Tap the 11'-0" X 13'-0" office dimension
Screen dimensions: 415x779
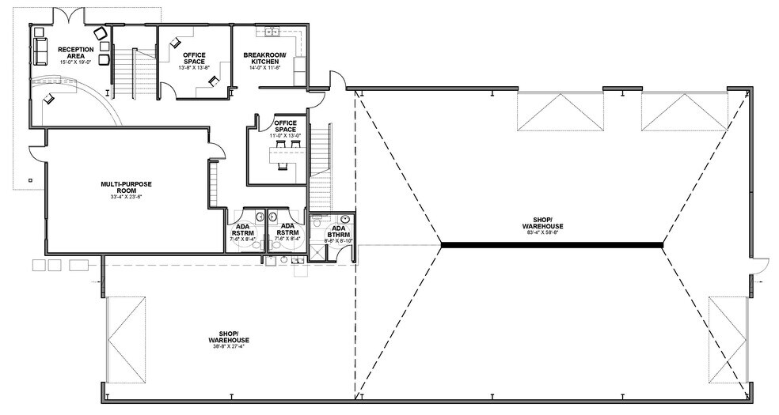coord(286,136)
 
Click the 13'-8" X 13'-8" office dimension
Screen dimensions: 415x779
coord(194,68)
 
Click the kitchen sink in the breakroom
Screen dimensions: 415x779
coord(272,32)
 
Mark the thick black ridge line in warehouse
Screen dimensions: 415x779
coord(551,245)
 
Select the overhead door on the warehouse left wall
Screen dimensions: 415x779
coord(126,339)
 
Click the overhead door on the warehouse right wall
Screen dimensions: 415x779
coord(728,339)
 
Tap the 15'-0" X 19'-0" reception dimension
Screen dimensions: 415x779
coord(75,61)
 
